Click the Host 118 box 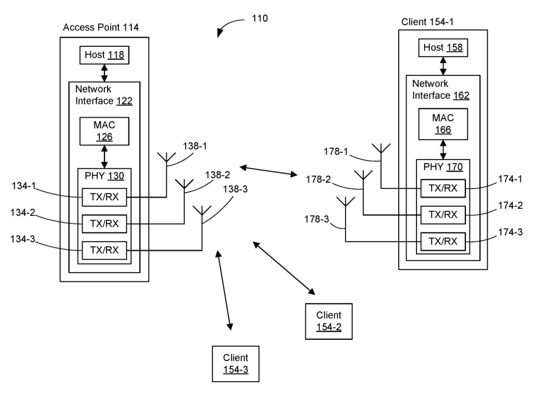pos(104,54)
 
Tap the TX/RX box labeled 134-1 pos(104,198)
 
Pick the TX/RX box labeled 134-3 pos(104,250)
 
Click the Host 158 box pos(443,48)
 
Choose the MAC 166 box pos(443,123)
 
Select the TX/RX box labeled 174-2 pos(443,214)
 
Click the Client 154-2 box pos(328,321)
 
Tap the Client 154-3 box pos(236,364)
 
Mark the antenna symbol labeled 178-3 pos(345,203)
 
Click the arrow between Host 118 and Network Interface pos(104,72)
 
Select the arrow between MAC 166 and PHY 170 pos(443,149)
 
